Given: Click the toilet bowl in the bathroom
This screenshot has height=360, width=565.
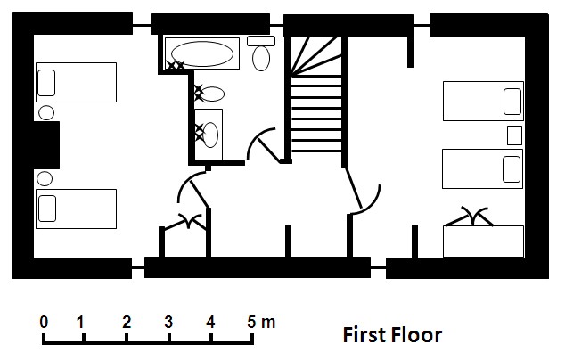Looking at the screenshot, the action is tap(261, 58).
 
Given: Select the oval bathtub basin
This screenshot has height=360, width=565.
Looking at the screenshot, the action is tap(201, 53).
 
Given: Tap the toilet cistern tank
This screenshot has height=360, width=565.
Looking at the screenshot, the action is tap(261, 41).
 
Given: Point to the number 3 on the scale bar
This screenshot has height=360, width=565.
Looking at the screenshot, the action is tap(168, 323).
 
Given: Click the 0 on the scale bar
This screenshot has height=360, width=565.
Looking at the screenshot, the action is tap(44, 323).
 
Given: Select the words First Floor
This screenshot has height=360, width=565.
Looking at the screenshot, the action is tap(392, 335).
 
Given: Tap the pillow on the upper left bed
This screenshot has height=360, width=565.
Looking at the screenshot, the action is tap(46, 83).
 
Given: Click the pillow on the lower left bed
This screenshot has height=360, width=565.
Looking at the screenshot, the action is tap(47, 209).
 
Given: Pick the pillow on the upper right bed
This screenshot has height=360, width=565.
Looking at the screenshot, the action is tap(512, 102).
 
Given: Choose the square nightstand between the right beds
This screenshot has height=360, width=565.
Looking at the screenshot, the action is tap(514, 135).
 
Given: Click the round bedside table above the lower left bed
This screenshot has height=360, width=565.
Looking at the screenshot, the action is tap(45, 179).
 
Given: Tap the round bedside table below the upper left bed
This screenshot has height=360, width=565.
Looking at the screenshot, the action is tap(46, 112).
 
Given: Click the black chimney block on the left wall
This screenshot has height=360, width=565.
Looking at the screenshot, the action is tap(46, 145).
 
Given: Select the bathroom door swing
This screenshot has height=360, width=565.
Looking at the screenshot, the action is tap(262, 144).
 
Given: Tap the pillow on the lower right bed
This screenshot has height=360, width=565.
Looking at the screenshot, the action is tap(512, 169).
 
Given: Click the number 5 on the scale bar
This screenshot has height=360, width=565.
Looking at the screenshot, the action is tap(251, 323).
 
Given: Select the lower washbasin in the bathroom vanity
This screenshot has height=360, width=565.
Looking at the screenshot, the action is tap(210, 135).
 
